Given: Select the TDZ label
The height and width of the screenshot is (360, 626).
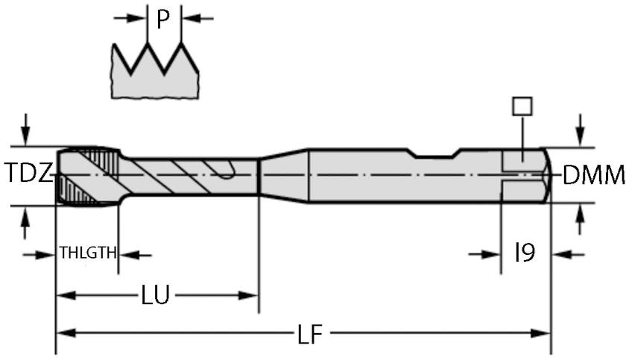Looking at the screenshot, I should tap(29, 174).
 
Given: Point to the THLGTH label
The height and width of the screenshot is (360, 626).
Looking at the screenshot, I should tap(87, 253).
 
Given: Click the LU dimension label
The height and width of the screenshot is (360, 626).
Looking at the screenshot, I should tap(156, 296).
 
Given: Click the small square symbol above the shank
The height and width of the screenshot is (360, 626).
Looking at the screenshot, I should tap(522, 106).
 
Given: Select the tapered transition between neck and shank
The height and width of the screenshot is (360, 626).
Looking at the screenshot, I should tap(283, 175).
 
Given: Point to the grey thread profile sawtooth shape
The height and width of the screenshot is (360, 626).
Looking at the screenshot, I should tap(155, 75).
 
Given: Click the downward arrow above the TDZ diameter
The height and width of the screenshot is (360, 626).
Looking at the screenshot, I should tap(27, 133).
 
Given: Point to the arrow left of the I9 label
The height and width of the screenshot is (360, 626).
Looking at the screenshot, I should tap(489, 254).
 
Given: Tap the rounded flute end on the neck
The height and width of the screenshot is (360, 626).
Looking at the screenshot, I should tap(227, 172).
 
